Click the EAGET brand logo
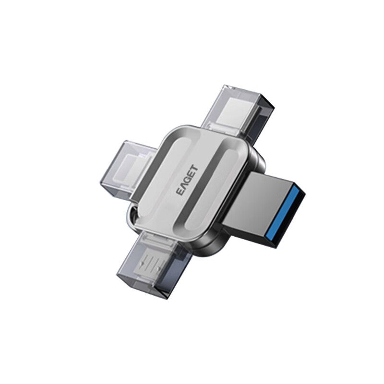point(187,181)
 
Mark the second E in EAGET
point(190,175)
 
